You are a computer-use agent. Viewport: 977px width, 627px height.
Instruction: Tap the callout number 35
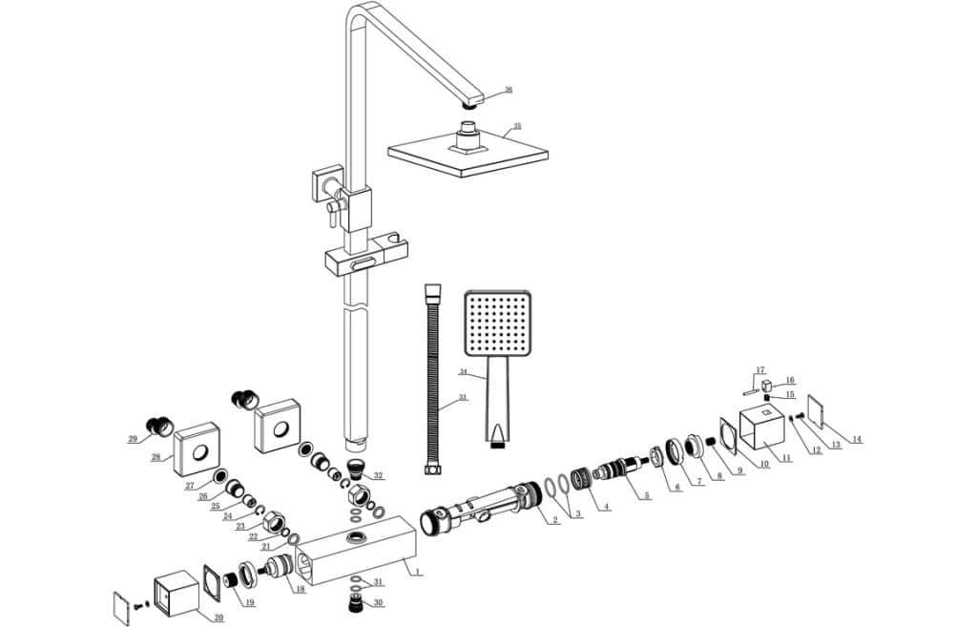517,126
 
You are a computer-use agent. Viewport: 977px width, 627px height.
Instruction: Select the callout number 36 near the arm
509,90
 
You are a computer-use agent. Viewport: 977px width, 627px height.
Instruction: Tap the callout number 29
133,439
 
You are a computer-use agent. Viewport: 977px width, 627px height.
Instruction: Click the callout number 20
218,617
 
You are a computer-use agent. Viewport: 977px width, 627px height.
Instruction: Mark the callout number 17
760,370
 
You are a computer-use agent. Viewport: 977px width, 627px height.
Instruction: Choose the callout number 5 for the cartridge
647,495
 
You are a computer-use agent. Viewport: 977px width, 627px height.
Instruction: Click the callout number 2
555,520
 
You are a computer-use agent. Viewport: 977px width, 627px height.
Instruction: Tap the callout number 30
378,602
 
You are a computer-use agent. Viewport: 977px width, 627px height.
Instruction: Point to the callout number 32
379,475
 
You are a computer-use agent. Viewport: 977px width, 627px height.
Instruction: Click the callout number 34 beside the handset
463,372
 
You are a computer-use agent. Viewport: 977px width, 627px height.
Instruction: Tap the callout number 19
249,602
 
